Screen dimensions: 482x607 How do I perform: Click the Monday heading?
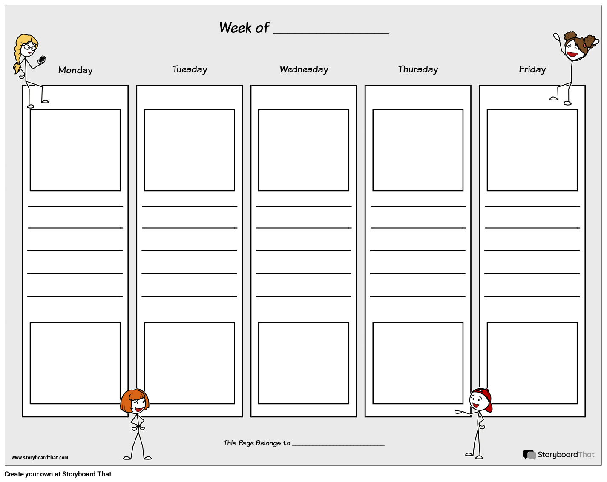pos(75,70)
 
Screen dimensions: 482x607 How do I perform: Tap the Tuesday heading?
pos(190,69)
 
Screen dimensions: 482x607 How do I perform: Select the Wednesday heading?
pos(304,69)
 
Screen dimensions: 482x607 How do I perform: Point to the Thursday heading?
pos(418,69)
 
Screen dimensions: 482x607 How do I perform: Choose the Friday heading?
pos(532,69)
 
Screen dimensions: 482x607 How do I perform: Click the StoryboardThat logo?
pos(558,455)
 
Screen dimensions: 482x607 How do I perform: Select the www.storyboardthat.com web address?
pos(40,458)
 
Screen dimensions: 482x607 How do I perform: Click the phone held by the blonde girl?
pos(41,60)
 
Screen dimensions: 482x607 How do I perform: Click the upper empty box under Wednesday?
pos(304,150)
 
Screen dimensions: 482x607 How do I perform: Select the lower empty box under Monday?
pos(75,363)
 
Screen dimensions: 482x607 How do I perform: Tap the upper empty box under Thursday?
pos(418,150)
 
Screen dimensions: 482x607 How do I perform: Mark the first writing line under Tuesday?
pos(190,206)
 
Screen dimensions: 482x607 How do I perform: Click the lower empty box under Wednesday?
pos(304,363)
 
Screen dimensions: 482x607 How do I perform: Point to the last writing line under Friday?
pos(532,296)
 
